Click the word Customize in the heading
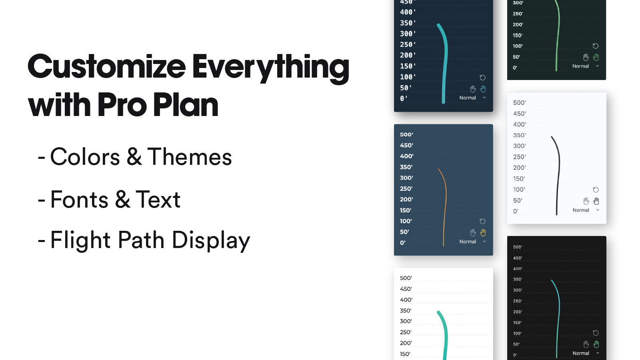pos(107,67)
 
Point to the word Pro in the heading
pos(122,105)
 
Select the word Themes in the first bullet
pos(190,157)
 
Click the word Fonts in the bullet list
pos(80,200)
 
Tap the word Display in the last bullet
pos(211,240)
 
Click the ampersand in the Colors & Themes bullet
pos(134,157)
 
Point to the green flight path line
pos(558,36)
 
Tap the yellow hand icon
pos(483,232)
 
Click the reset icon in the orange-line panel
pos(483,221)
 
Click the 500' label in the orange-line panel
pos(406,134)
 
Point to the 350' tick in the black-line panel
pos(520,135)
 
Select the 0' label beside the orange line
pos(403,242)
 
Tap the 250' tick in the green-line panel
pos(518,14)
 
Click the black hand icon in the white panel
pos(596,201)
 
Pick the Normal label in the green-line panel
pos(580,66)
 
